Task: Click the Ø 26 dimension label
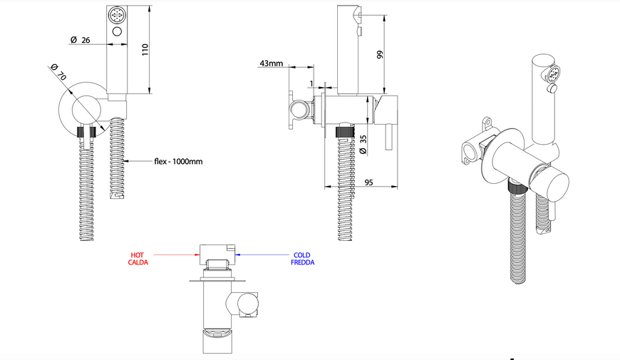click(x=81, y=40)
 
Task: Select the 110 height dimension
click(x=145, y=49)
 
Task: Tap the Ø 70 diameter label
click(x=58, y=71)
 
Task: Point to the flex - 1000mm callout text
click(x=178, y=161)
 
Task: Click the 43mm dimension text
click(x=272, y=63)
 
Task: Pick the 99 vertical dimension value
click(x=380, y=55)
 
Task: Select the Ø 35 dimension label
click(x=363, y=145)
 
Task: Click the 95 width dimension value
click(x=368, y=182)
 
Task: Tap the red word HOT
click(x=138, y=255)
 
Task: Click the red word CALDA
click(x=138, y=262)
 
